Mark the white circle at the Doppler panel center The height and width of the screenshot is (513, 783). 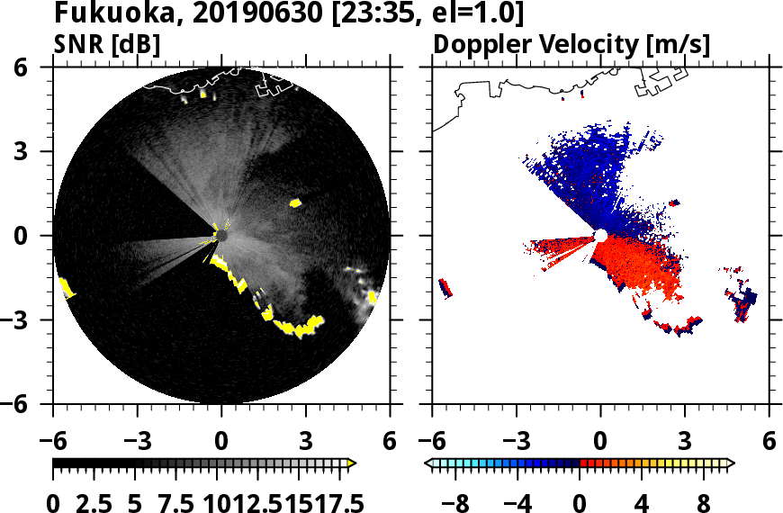[x=600, y=236]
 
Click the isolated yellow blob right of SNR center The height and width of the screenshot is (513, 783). [x=295, y=203]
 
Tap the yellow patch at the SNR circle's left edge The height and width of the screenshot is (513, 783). [x=66, y=288]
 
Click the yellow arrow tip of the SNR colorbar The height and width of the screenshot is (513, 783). [x=352, y=463]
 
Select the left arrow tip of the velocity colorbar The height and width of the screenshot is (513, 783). [x=428, y=463]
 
